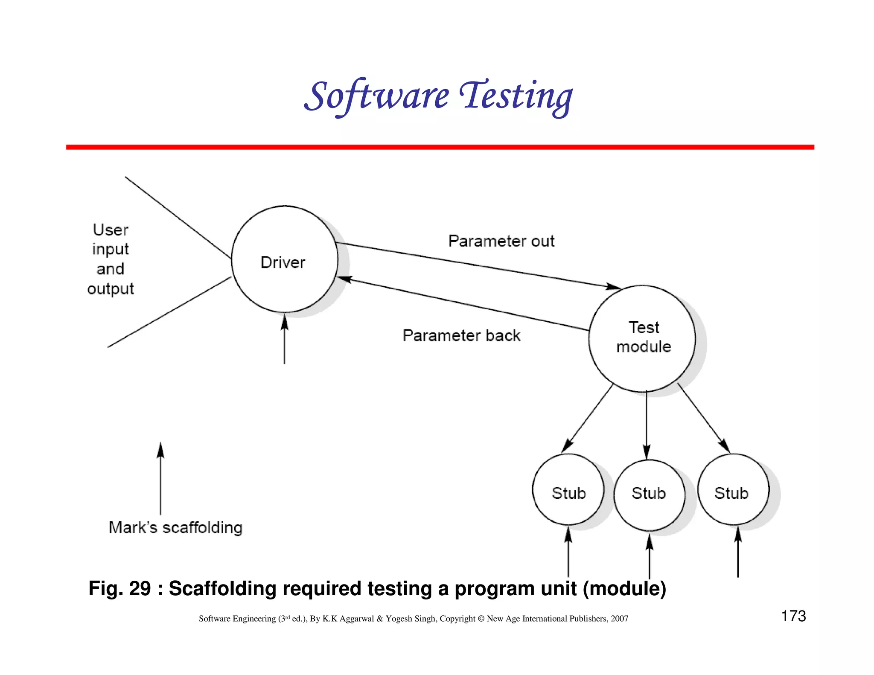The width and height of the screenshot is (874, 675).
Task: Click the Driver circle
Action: point(284,259)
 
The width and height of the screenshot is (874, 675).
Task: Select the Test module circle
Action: point(643,338)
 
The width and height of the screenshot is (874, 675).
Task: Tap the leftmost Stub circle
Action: point(568,490)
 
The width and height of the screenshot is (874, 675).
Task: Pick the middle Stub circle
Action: point(649,495)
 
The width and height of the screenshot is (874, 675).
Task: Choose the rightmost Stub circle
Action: point(733,490)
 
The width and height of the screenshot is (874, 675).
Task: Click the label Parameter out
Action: point(501,241)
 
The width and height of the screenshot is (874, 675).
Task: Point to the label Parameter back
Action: point(461,335)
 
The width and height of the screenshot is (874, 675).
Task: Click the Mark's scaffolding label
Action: point(175,527)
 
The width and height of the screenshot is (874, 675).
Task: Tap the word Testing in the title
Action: point(516,96)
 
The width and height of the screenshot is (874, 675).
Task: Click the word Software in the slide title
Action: point(376,96)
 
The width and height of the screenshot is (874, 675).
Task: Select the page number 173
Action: point(793,616)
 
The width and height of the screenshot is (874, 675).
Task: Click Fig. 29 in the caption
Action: point(119,588)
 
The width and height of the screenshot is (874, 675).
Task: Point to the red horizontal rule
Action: point(440,147)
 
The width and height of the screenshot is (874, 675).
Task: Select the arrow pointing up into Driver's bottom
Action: point(285,337)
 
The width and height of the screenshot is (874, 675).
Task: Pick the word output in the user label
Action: point(111,289)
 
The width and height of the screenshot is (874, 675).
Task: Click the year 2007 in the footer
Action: point(619,619)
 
